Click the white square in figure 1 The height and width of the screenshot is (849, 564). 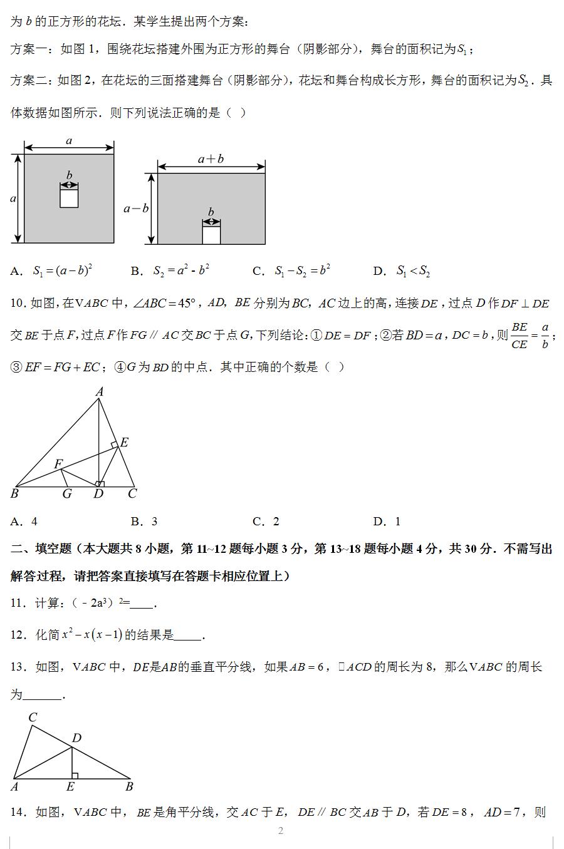[69, 197]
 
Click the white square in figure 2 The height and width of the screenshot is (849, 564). [211, 235]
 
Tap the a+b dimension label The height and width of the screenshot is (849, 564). [211, 159]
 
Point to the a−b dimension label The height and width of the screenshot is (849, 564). [135, 208]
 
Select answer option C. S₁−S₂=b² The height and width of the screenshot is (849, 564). [292, 271]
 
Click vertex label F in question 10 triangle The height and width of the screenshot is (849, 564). [58, 464]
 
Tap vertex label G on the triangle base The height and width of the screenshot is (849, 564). [67, 494]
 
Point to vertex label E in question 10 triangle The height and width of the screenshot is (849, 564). [124, 443]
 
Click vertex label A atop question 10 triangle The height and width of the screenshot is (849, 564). [99, 392]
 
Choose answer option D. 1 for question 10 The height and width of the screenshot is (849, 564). [387, 522]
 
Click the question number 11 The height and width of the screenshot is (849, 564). [17, 603]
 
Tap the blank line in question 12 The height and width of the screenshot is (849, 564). [188, 636]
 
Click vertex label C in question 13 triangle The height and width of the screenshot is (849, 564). [33, 718]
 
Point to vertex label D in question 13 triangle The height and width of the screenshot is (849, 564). [76, 738]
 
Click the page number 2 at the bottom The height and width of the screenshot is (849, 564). [281, 831]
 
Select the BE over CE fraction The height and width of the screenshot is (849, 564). [519, 336]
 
